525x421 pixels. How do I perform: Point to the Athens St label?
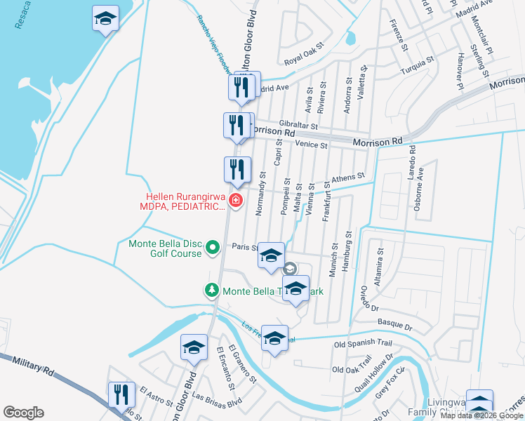pyautogui.click(x=349, y=178)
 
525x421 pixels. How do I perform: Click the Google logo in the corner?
pyautogui.click(x=24, y=413)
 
